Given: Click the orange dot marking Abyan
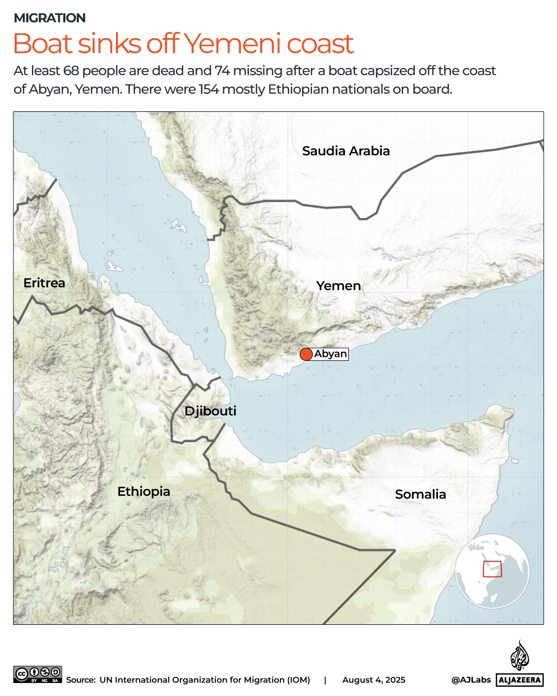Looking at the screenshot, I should click(x=306, y=354).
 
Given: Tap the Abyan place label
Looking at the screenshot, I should click(x=331, y=354).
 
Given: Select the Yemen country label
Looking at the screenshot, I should click(x=339, y=286).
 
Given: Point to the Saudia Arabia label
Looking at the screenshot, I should click(x=346, y=151).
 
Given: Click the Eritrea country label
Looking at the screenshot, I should click(x=44, y=283).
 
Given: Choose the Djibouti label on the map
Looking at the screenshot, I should click(x=210, y=411).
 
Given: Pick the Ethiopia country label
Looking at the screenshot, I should click(x=144, y=491).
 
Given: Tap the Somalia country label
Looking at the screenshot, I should click(x=420, y=494).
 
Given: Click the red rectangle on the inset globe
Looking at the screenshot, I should click(x=492, y=569).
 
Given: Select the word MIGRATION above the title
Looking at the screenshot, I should click(x=50, y=18).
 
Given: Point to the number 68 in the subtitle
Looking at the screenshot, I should click(x=71, y=71).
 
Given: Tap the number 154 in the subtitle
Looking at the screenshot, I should click(x=209, y=89).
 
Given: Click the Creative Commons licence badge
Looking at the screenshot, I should click(x=38, y=674).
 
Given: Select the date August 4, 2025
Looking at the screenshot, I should click(x=374, y=680).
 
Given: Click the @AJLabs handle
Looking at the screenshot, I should click(x=471, y=680).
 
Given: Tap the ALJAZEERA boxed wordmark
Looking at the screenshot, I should click(x=520, y=680).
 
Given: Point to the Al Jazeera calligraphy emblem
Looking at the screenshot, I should click(x=519, y=655).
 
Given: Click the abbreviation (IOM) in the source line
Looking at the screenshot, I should click(x=298, y=680).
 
